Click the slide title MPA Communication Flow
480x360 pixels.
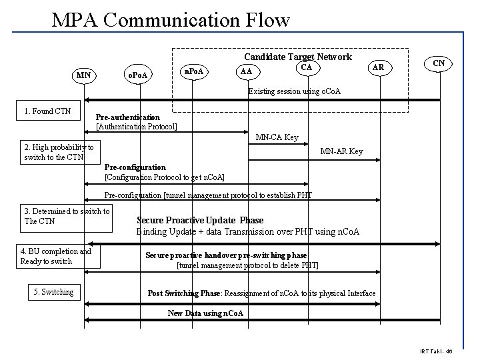(x=171, y=19)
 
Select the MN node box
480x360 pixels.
(x=83, y=75)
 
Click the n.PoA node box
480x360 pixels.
(x=193, y=71)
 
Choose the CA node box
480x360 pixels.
(x=306, y=67)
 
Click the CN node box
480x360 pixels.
(x=438, y=64)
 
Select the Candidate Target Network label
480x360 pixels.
(x=297, y=57)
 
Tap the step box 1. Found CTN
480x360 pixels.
(x=47, y=111)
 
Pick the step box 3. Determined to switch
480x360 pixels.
(x=67, y=216)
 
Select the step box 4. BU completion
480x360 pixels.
(x=59, y=256)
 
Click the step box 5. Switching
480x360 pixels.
(x=54, y=291)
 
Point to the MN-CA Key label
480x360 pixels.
(x=277, y=137)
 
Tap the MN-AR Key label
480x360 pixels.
(x=341, y=151)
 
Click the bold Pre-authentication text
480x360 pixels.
(x=127, y=117)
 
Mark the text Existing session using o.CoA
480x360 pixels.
(x=294, y=91)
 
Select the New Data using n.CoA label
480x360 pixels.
(x=205, y=313)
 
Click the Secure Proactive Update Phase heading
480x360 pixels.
(x=200, y=220)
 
